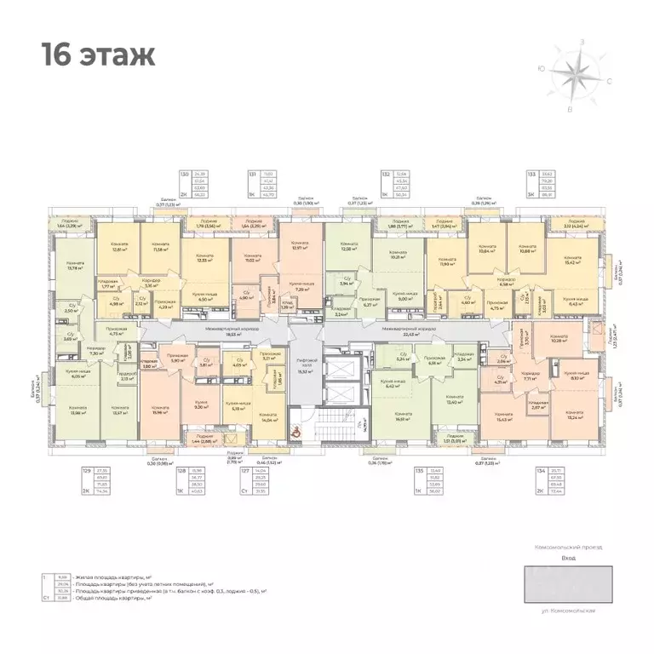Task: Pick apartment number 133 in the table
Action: (532, 173)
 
